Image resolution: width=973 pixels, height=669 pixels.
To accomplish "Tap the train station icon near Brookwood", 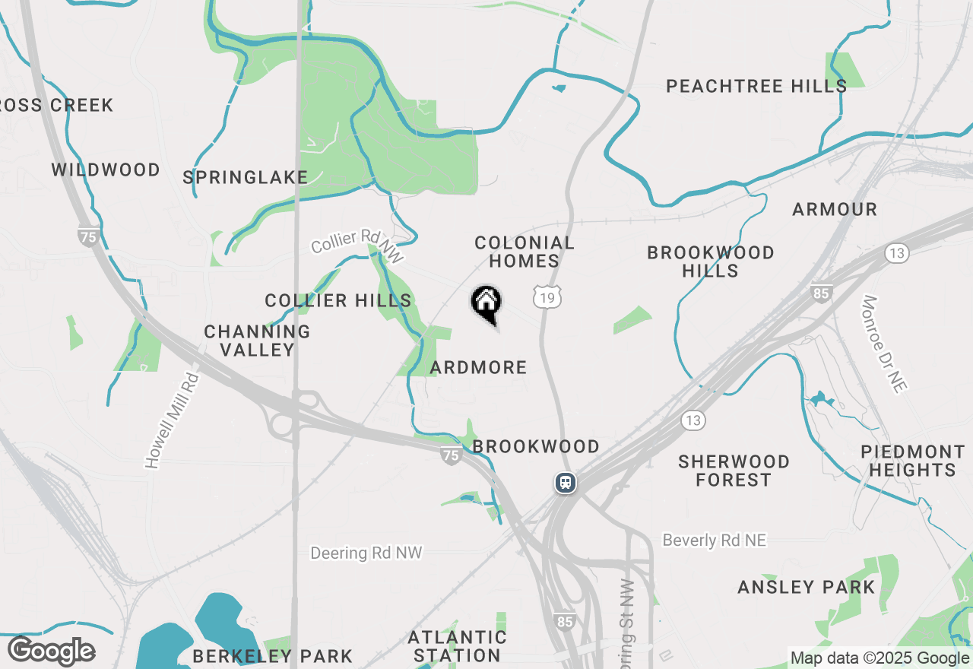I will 565,483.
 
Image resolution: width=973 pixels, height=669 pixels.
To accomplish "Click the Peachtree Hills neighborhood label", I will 756,86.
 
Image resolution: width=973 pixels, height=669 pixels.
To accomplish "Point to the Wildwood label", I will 106,170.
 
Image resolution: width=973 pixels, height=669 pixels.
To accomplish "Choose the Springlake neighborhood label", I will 246,178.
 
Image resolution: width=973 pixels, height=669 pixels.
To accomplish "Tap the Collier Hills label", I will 338,301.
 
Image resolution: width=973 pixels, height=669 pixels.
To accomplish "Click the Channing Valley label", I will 257,341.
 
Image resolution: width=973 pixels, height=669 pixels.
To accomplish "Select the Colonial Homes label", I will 525,252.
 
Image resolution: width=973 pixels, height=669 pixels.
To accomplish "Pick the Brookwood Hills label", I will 711,262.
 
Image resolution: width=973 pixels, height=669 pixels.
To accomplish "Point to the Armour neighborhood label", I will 835,209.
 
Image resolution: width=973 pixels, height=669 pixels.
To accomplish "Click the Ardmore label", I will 478,368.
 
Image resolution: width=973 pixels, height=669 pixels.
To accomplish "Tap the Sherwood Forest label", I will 734,471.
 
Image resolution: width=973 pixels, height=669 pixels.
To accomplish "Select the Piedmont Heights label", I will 912,461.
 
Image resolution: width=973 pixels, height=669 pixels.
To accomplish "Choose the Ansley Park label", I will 807,587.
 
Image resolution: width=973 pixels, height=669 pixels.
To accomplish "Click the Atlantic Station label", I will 457,646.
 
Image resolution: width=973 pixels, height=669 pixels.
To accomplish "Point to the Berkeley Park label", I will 272,655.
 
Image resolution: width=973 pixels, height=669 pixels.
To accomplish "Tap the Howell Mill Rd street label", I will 173,420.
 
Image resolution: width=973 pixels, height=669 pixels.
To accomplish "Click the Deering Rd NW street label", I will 366,553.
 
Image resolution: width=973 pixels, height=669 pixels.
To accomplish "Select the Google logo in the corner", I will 51,652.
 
